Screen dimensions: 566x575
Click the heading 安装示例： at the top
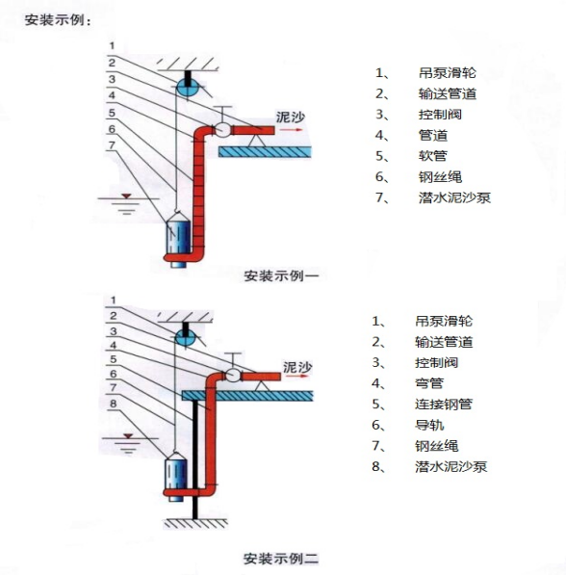[58, 20]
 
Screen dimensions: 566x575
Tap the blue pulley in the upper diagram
[188, 88]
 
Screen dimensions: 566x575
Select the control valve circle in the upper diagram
[222, 129]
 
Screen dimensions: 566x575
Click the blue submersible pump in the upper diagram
[178, 243]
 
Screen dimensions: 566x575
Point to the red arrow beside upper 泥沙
[291, 129]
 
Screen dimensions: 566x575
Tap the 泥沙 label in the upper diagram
[291, 117]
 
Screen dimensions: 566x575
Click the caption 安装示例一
[281, 275]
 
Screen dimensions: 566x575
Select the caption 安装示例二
[281, 559]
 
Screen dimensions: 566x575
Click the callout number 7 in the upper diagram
[112, 145]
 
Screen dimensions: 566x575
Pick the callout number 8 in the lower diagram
[113, 404]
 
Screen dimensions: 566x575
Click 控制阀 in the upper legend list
[440, 115]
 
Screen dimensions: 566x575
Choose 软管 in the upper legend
[432, 156]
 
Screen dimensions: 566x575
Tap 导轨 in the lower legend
[429, 425]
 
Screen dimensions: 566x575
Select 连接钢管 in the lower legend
[444, 405]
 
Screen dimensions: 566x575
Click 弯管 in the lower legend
[429, 383]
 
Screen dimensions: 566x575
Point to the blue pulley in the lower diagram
[186, 338]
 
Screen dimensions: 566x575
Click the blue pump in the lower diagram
[175, 477]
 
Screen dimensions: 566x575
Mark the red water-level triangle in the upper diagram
[126, 196]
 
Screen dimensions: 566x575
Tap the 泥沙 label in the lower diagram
[297, 367]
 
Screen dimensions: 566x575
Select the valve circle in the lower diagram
[232, 375]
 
